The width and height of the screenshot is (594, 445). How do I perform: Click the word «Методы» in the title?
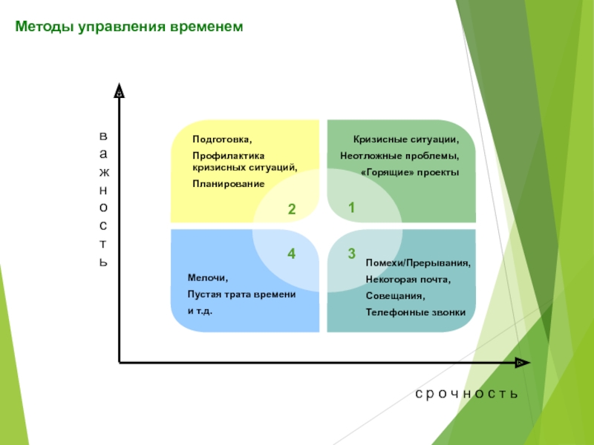45,27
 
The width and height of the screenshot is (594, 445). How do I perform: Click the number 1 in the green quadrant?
351,208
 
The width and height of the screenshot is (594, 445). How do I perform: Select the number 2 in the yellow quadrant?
291,209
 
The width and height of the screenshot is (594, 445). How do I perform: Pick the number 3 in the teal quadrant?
351,254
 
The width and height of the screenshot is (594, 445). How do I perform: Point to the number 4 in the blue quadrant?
291,254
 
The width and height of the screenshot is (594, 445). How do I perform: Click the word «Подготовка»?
222,139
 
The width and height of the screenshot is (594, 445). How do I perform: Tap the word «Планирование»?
229,184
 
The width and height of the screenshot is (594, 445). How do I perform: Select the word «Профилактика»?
229,156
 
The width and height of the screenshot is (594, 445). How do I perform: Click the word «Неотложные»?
371,156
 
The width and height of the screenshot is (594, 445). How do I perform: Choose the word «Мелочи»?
208,278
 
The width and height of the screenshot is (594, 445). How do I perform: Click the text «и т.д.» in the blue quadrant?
200,311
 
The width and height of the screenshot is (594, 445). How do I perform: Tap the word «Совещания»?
395,296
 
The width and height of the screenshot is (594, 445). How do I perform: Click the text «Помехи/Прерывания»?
418,263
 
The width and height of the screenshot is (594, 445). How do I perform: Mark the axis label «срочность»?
466,394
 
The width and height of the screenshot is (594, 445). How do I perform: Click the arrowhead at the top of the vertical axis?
120,90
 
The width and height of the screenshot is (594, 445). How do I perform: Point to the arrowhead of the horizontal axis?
523,363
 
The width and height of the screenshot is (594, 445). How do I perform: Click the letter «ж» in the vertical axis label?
104,173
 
